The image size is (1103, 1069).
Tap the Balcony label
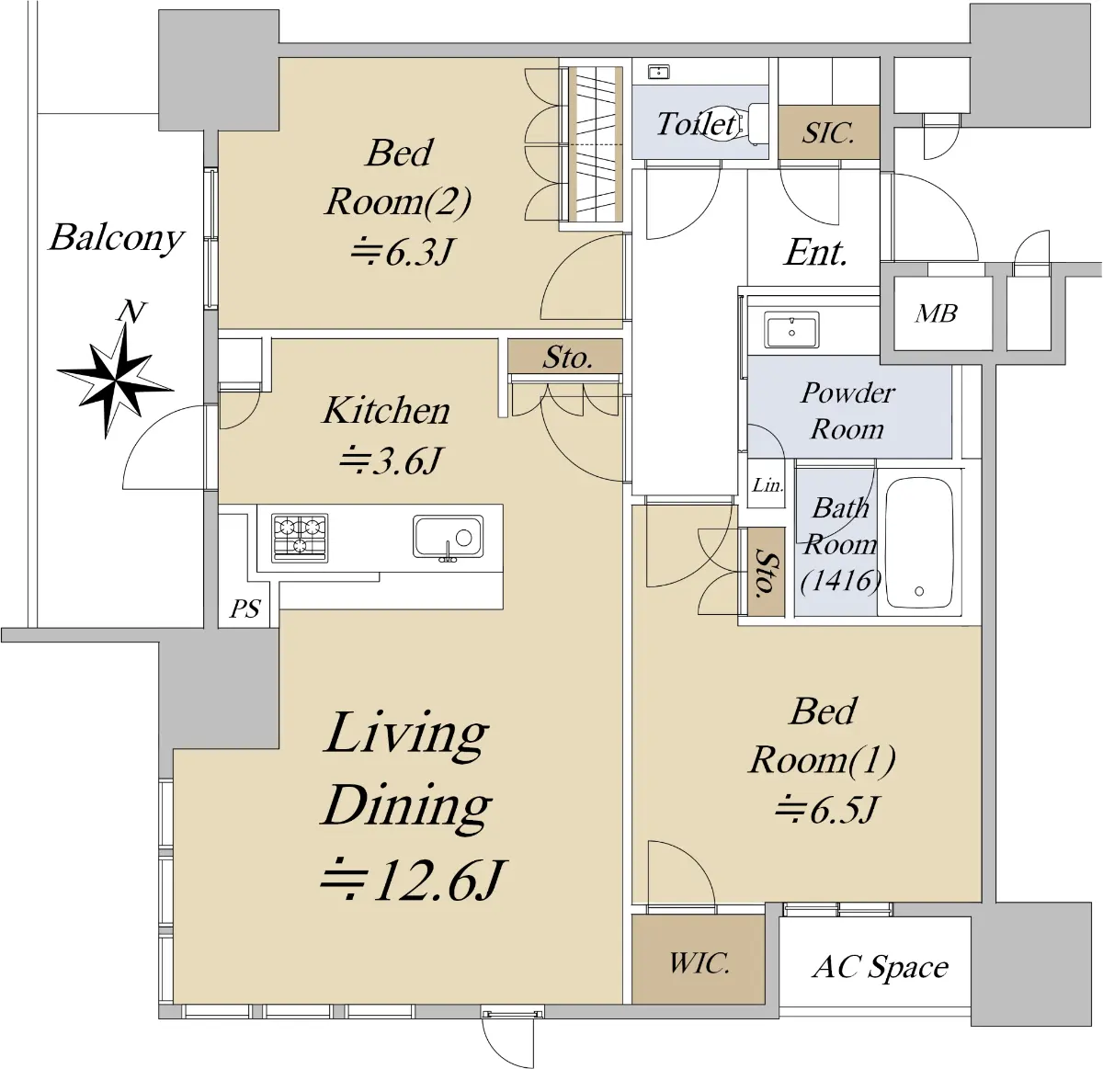click(116, 238)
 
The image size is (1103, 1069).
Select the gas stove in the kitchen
click(300, 538)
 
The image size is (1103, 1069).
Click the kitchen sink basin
click(448, 537)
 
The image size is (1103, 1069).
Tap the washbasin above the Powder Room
click(791, 329)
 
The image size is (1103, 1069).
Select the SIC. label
click(828, 133)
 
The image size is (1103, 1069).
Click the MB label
click(936, 313)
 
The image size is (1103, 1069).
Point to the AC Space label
click(880, 967)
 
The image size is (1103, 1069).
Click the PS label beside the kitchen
click(244, 608)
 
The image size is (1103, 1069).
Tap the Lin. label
click(768, 484)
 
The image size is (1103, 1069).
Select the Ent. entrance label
click(815, 252)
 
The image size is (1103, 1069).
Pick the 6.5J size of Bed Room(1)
click(826, 810)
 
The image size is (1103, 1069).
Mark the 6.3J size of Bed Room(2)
click(403, 252)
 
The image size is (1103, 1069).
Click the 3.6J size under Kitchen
click(390, 461)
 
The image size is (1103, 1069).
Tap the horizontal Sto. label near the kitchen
click(567, 357)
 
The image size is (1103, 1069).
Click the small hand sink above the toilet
click(659, 72)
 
